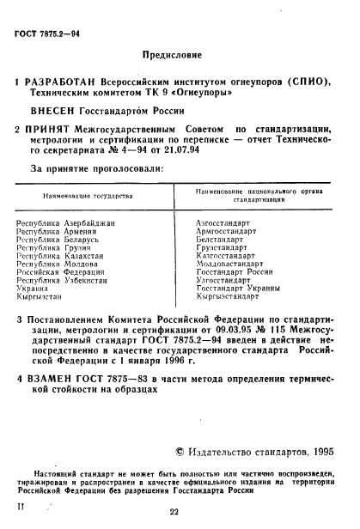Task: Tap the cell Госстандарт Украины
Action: pyautogui.click(x=234, y=289)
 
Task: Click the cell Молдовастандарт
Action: pyautogui.click(x=229, y=264)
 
